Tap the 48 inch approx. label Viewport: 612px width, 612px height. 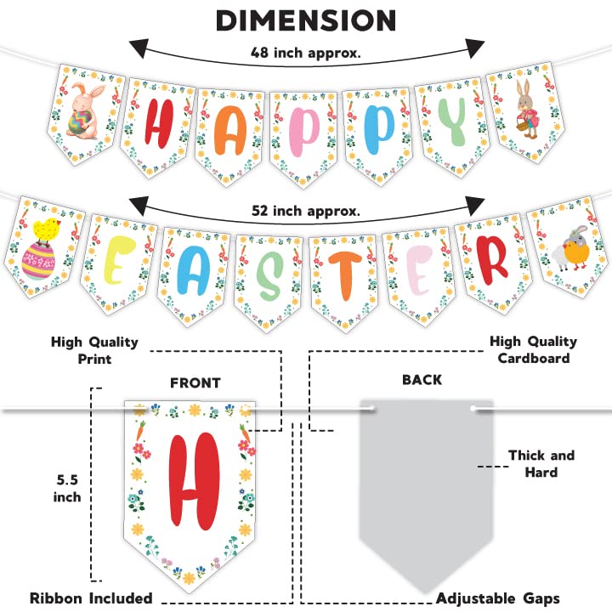point(306,53)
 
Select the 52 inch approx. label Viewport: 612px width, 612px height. point(306,210)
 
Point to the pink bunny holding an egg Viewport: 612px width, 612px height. point(86,110)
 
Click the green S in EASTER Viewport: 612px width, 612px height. point(269,271)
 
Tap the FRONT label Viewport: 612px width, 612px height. point(195,383)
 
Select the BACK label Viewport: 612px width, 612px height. point(422,380)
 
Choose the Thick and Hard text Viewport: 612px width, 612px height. point(541,463)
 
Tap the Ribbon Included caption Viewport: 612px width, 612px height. point(90,598)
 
